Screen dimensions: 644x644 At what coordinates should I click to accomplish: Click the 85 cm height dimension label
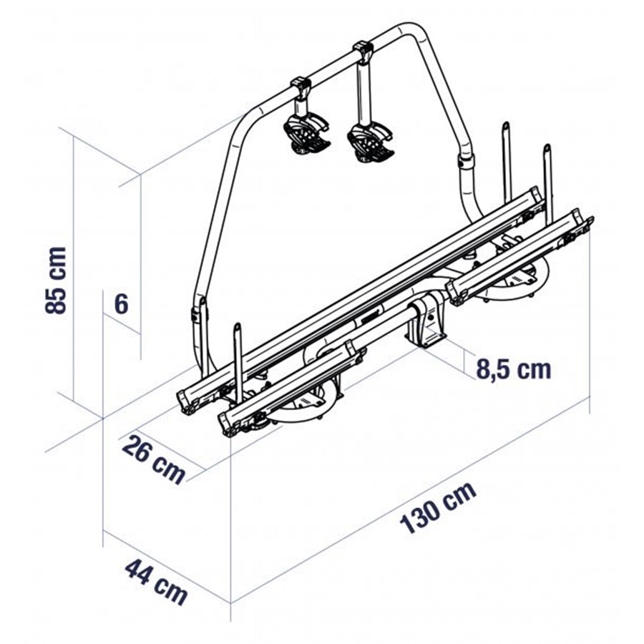coord(55,280)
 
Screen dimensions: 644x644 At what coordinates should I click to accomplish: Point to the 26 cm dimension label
coord(154,460)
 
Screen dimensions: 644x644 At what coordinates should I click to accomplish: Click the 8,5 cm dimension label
coord(513,369)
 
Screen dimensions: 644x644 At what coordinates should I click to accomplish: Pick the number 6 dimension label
coord(121,304)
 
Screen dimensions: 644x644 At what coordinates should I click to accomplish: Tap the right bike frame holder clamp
coord(369,142)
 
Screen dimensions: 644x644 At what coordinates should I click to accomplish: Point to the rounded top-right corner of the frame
coord(412,32)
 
